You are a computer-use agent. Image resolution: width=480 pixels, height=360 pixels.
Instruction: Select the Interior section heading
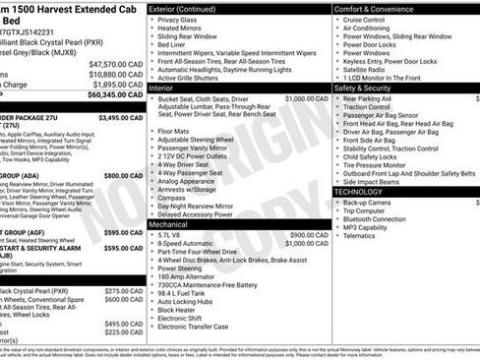[x=161, y=88]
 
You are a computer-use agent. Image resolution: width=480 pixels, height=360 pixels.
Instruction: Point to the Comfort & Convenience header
[x=375, y=8]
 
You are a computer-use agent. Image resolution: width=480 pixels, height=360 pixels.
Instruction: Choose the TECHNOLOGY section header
[x=359, y=192]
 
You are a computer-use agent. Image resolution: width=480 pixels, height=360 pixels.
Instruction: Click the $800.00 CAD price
[x=124, y=175]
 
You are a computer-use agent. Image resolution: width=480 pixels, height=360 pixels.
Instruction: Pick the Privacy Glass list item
[x=177, y=20]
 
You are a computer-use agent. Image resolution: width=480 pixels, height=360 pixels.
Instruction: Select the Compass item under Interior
[x=171, y=196]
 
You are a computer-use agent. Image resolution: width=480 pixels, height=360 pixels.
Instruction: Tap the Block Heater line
[x=177, y=308]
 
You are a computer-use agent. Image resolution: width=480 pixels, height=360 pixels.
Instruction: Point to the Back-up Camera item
[x=370, y=203]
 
